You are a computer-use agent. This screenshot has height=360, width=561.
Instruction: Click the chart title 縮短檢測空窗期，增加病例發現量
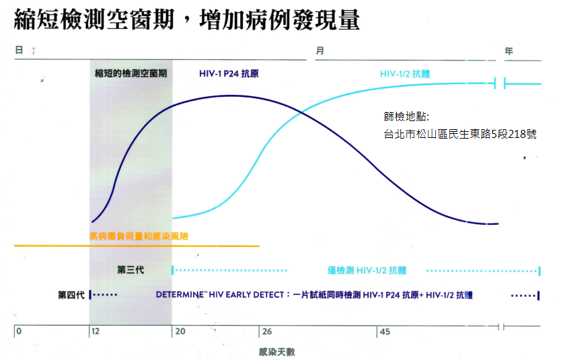click(186, 20)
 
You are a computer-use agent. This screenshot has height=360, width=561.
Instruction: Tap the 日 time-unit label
click(19, 50)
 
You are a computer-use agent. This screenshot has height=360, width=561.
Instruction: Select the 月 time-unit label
click(320, 50)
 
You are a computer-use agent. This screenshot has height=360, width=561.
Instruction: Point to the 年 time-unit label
click(509, 50)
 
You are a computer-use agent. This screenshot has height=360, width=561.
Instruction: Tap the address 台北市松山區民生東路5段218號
click(460, 133)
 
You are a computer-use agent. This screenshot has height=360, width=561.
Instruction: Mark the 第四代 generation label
click(71, 295)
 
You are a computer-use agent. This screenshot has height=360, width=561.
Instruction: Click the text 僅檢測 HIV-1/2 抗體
click(367, 270)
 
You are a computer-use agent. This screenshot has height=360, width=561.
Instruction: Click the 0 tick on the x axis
click(19, 332)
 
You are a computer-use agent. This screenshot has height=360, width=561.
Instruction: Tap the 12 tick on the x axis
click(95, 332)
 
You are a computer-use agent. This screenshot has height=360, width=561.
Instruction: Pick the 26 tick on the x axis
click(266, 332)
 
